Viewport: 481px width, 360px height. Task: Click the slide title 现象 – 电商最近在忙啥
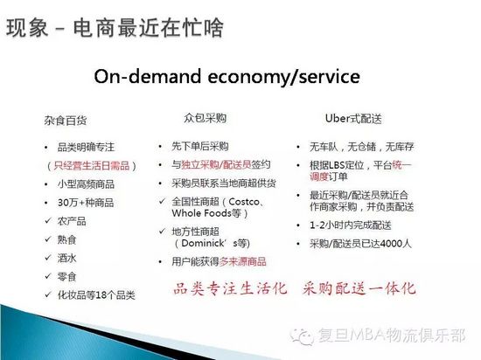click(115, 28)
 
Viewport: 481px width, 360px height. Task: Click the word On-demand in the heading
click(148, 76)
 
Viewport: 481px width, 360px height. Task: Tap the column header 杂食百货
click(66, 121)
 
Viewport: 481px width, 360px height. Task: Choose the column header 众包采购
click(206, 118)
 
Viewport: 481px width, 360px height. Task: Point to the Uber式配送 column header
click(353, 119)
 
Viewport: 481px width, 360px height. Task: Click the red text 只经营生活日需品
click(92, 166)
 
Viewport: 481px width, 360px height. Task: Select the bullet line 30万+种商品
click(86, 203)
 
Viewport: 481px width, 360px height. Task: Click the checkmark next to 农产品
click(48, 220)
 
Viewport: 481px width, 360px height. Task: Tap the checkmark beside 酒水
click(48, 258)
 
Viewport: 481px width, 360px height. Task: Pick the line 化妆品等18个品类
click(96, 295)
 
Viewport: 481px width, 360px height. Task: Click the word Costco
click(244, 202)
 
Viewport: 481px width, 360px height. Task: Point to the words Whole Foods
click(201, 213)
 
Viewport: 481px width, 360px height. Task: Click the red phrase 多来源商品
click(242, 261)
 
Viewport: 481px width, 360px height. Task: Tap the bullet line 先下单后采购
click(200, 147)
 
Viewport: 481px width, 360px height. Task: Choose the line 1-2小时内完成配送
click(351, 225)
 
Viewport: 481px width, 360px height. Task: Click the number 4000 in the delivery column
click(388, 244)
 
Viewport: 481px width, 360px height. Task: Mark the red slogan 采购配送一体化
click(359, 288)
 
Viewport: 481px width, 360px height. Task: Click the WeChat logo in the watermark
click(303, 336)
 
